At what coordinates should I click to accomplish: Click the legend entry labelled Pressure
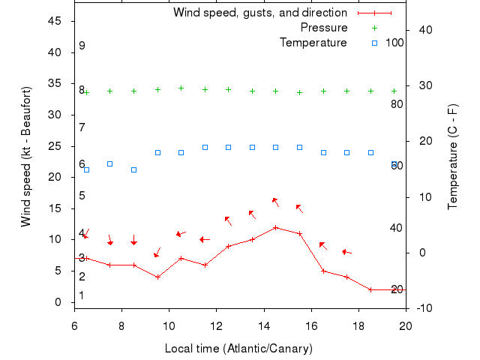pyautogui.click(x=324, y=28)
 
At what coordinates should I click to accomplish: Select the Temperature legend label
pyautogui.click(x=313, y=42)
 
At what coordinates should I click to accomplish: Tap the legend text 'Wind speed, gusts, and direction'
pyautogui.click(x=260, y=13)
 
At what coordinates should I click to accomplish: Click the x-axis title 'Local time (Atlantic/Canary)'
pyautogui.click(x=238, y=349)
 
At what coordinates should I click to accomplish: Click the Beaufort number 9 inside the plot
pyautogui.click(x=82, y=46)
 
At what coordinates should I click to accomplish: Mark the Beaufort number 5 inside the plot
pyautogui.click(x=82, y=196)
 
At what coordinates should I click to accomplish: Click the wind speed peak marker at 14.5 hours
pyautogui.click(x=276, y=227)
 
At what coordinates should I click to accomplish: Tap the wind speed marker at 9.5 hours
pyautogui.click(x=157, y=277)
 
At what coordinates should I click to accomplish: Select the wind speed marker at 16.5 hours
pyautogui.click(x=323, y=271)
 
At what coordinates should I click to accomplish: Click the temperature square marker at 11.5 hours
pyautogui.click(x=205, y=147)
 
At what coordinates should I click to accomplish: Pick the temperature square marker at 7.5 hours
pyautogui.click(x=110, y=163)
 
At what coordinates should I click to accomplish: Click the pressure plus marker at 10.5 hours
pyautogui.click(x=181, y=88)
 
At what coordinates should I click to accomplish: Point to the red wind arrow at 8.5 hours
pyautogui.click(x=133, y=241)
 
